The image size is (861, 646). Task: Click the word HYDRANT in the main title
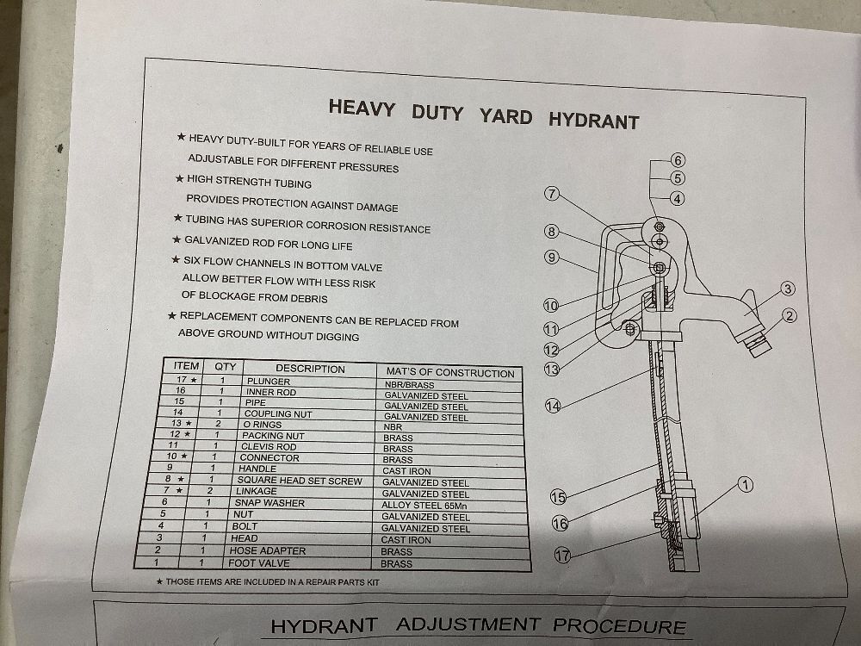(x=594, y=121)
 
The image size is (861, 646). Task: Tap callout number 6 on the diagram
(x=678, y=160)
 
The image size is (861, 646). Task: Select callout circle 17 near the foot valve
(x=562, y=555)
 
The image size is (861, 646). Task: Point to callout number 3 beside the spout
(x=788, y=289)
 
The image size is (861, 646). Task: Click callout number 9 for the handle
(x=552, y=257)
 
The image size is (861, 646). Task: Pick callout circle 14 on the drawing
(x=553, y=406)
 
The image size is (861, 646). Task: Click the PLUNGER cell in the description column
(x=269, y=382)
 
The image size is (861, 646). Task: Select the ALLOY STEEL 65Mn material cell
(x=424, y=506)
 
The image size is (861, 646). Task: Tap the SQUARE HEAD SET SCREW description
(x=300, y=481)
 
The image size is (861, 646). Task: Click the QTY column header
(x=225, y=366)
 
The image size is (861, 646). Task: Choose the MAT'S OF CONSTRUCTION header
(x=450, y=373)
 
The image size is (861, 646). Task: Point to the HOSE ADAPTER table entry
(x=268, y=550)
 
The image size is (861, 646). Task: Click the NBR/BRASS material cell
(x=409, y=385)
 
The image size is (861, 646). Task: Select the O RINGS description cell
(x=263, y=425)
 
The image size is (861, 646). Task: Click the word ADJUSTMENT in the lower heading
(x=468, y=624)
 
